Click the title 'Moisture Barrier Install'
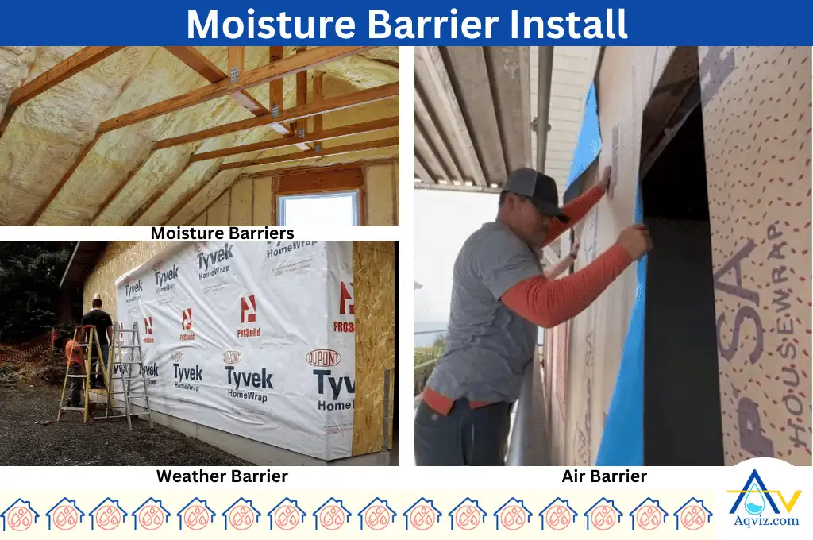tap(406, 24)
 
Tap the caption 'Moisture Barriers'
tap(222, 233)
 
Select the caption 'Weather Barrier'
tap(222, 476)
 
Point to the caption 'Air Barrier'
tap(604, 476)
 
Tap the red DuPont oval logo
tap(323, 358)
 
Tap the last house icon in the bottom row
tap(693, 515)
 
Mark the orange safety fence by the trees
tap(32, 348)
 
